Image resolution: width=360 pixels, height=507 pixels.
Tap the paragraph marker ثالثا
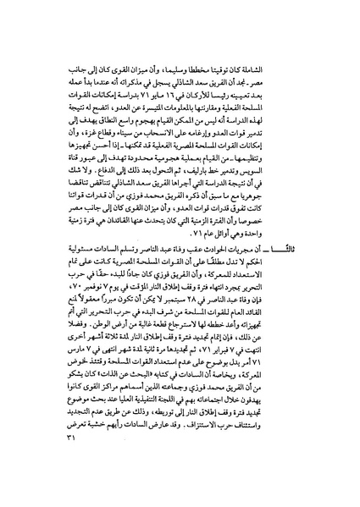click(303, 271)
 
